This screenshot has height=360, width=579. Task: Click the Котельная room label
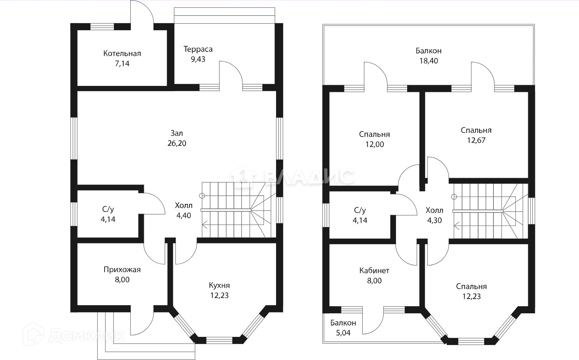coord(122,53)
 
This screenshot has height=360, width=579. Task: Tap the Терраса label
coord(198,49)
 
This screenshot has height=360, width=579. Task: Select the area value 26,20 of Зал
coord(177,143)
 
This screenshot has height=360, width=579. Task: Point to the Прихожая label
coord(122,270)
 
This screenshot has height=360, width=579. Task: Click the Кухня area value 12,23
coord(219,295)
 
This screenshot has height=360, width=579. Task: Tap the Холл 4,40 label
coord(183,210)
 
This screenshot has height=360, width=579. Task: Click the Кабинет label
coord(374,271)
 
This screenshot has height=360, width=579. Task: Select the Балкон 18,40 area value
coord(428,61)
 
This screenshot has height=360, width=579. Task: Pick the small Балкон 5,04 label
coord(343,328)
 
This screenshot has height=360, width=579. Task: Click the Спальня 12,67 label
coord(476,135)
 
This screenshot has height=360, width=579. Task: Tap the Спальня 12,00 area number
coord(375,145)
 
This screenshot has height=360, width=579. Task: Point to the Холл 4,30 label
coord(434,215)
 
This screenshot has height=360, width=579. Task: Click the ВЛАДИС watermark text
coord(309,177)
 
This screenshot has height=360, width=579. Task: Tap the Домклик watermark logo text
coord(86,336)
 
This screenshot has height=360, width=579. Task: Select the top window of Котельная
coord(102,27)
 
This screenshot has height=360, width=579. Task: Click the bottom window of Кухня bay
coord(219,340)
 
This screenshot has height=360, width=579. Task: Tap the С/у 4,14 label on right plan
coord(360,215)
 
